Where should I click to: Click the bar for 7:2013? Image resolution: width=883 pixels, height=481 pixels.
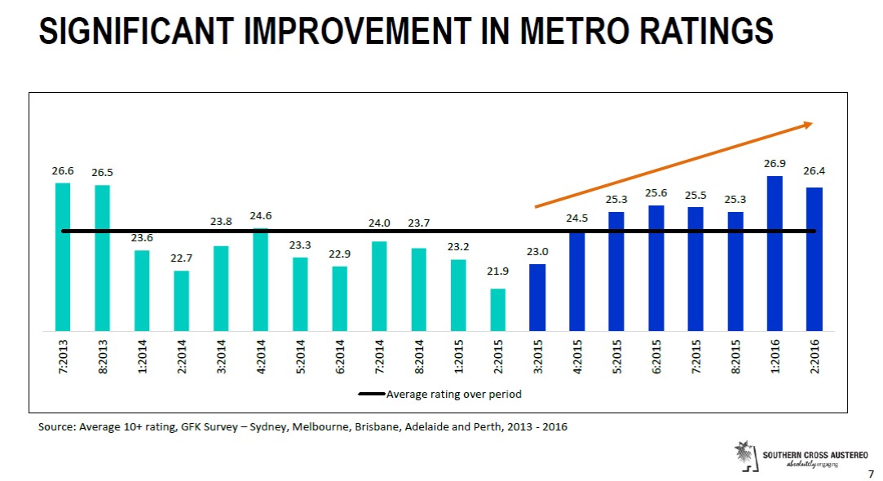63,257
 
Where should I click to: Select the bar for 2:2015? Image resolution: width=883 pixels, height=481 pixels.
497,310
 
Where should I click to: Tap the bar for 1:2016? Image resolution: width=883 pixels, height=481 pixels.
775,254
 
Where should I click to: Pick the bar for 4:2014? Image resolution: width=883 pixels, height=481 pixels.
261,280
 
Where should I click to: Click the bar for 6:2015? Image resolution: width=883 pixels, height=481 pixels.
656,268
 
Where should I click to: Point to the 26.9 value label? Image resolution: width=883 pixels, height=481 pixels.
775,164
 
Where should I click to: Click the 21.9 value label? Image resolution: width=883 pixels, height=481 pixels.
497,271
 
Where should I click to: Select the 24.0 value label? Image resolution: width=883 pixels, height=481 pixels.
379,223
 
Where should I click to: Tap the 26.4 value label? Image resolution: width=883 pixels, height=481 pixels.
815,171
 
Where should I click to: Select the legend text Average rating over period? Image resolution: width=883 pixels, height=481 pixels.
453,394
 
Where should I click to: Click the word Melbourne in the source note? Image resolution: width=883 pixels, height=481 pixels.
325,427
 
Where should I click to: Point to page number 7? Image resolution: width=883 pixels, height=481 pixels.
871,473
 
